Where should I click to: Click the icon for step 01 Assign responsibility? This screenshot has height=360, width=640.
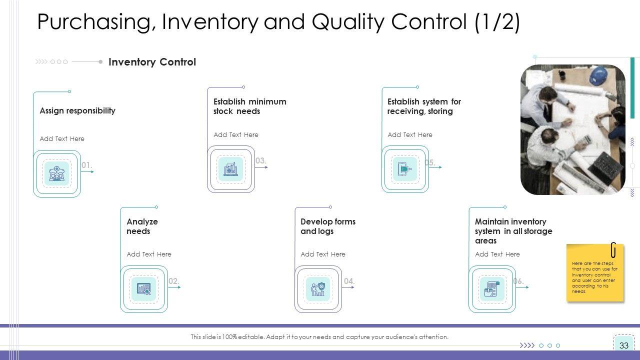pos(57,173)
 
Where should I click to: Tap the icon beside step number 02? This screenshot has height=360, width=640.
pos(143,289)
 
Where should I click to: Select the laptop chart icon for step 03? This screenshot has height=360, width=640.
pos(231,169)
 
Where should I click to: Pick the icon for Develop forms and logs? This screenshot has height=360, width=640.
pos(317,289)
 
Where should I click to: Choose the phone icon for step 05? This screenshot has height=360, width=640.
pos(404,169)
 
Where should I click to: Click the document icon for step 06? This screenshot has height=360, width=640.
pos(491,289)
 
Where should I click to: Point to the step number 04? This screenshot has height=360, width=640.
pos(349,281)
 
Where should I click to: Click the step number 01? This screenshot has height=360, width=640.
pos(86,165)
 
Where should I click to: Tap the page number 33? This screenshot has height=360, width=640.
pos(623,345)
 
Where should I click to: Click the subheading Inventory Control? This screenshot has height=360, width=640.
pos(152,61)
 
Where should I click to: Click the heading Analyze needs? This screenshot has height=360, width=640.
pos(142,226)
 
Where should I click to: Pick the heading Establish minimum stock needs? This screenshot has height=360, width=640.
pos(249,106)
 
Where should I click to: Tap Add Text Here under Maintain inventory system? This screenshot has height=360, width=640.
pos(497,254)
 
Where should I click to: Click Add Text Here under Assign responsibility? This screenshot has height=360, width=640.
pos(62,138)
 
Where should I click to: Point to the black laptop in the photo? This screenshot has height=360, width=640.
pos(605,167)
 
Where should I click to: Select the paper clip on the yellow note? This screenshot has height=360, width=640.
pos(613,250)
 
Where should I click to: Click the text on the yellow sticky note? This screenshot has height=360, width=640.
pos(594,277)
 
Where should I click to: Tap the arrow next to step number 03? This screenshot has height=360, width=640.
pos(261,167)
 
